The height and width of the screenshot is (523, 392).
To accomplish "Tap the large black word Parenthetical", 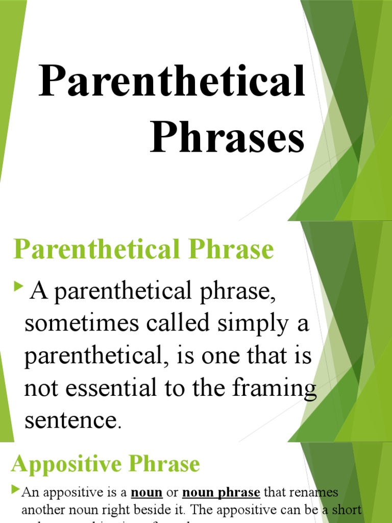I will pos(173,82).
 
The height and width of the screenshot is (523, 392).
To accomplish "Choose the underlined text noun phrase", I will pos(221,493).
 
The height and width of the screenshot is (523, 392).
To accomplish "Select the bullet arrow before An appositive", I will pos(15,491).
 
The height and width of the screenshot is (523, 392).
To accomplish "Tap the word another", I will pos(40,509).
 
